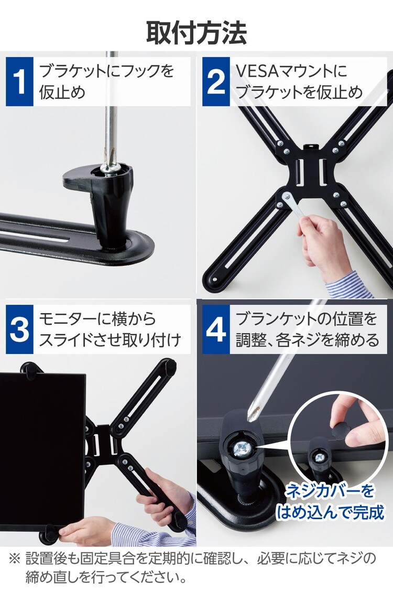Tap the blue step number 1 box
[x=19, y=82]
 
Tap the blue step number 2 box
[x=216, y=82]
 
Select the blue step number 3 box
[x=19, y=329]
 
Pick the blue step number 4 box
[x=216, y=329]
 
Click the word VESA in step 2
[x=258, y=71]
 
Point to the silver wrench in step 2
[x=295, y=207]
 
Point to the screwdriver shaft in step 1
[x=111, y=109]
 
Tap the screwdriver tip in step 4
[x=250, y=417]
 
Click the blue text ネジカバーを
[x=330, y=490]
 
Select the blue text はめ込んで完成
[x=330, y=512]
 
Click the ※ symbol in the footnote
[x=14, y=558]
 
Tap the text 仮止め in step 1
[x=62, y=92]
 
